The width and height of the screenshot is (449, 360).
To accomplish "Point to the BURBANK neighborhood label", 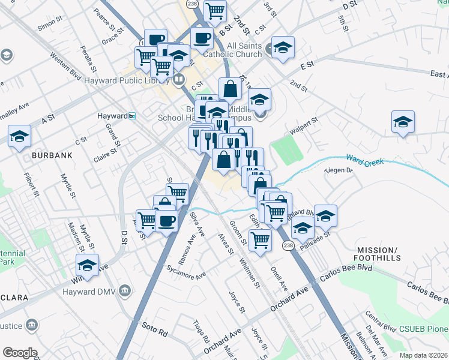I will (53, 155).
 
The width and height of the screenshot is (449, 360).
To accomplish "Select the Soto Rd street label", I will (154, 328).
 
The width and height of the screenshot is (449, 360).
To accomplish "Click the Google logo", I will (20, 352).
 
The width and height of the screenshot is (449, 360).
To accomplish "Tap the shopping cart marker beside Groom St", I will (260, 240).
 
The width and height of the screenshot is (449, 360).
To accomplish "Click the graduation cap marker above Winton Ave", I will (87, 266).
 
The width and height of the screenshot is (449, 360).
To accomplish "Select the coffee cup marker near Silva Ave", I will (166, 220).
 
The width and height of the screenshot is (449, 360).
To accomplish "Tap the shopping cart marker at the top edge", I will (214, 10).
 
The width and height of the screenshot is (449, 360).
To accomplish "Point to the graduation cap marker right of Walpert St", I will (403, 122).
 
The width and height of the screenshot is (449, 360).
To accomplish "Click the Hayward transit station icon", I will (131, 116).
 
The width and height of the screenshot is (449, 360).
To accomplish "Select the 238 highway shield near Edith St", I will (288, 245).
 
